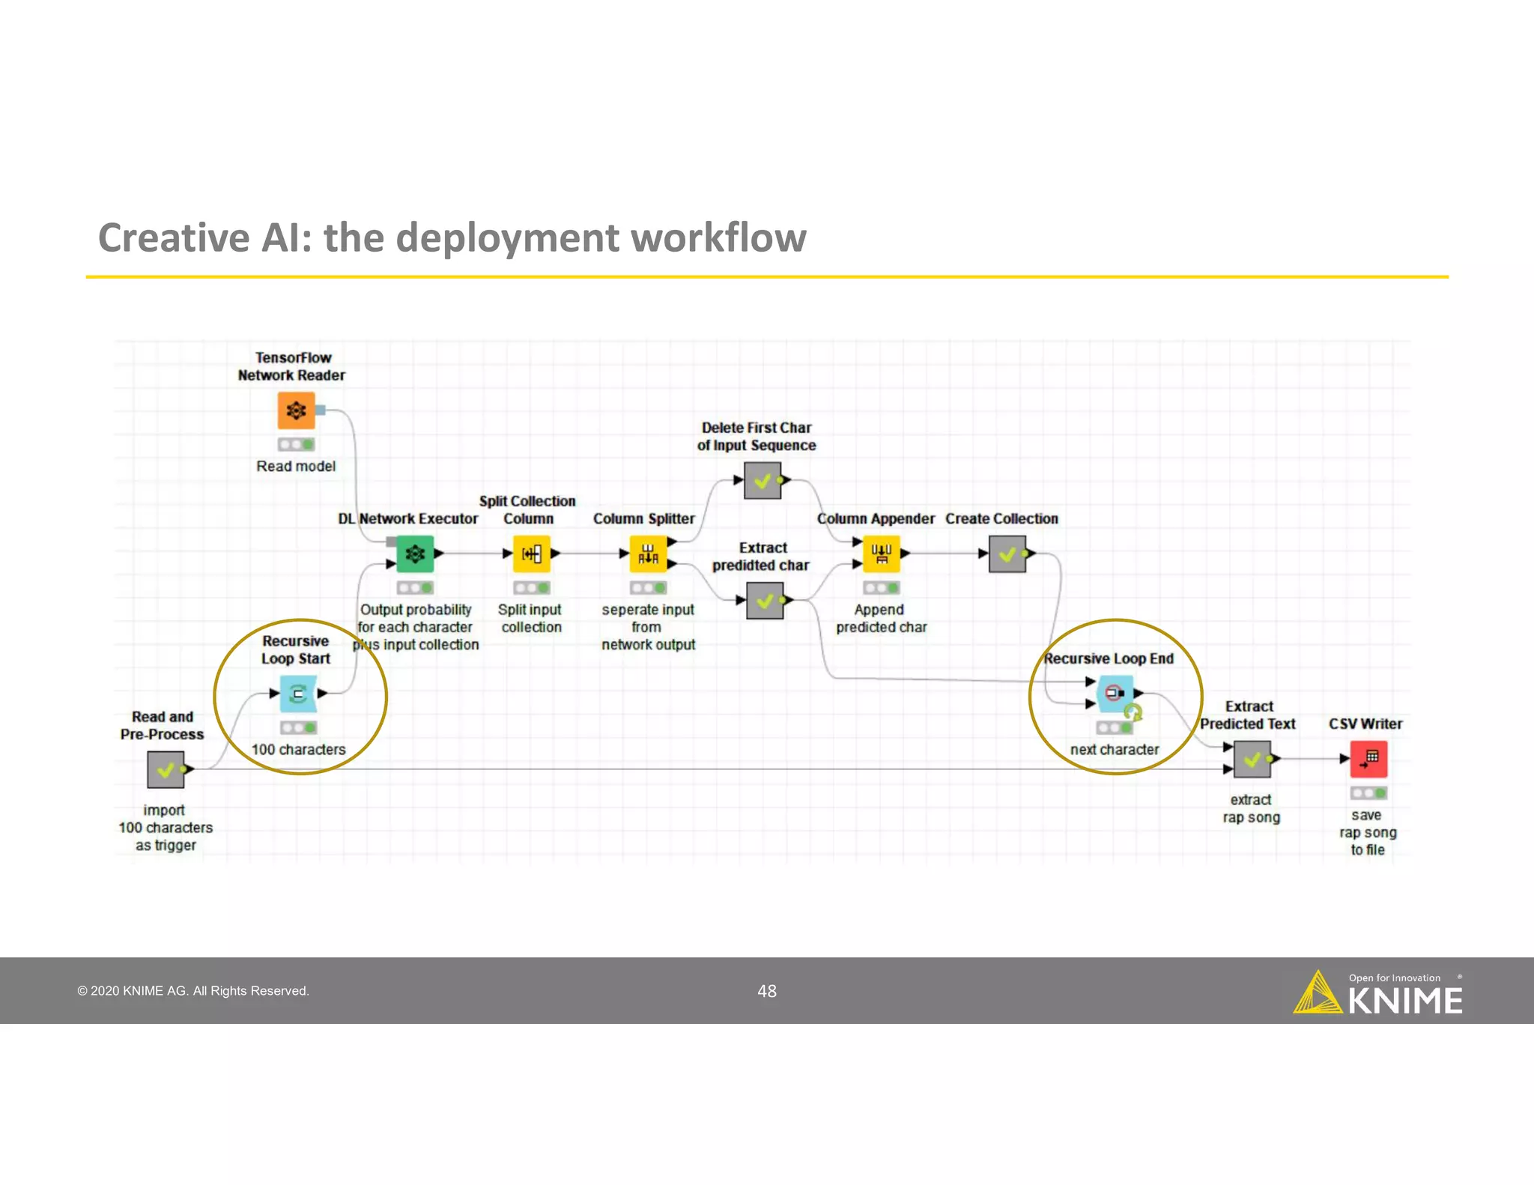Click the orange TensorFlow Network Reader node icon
pyautogui.click(x=296, y=410)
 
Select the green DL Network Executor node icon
pyautogui.click(x=414, y=554)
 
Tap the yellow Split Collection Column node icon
pyautogui.click(x=531, y=554)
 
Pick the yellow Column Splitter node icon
pyautogui.click(x=648, y=554)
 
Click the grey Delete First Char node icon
pyautogui.click(x=763, y=481)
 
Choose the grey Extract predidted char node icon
pyautogui.click(x=765, y=601)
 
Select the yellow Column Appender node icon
pyautogui.click(x=881, y=554)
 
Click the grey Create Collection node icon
pyautogui.click(x=1007, y=554)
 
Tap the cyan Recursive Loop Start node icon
pyautogui.click(x=298, y=694)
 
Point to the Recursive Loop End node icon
pyautogui.click(x=1115, y=694)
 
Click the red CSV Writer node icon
pyautogui.click(x=1368, y=760)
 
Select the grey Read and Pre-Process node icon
pyautogui.click(x=166, y=769)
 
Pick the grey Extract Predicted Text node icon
pyautogui.click(x=1252, y=760)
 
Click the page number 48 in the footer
pyautogui.click(x=767, y=991)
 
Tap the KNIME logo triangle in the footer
pyautogui.click(x=1318, y=995)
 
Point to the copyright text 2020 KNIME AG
pyautogui.click(x=193, y=991)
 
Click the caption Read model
pyautogui.click(x=296, y=466)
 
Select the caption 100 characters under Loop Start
pyautogui.click(x=298, y=749)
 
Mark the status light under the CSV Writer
pyautogui.click(x=1368, y=792)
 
